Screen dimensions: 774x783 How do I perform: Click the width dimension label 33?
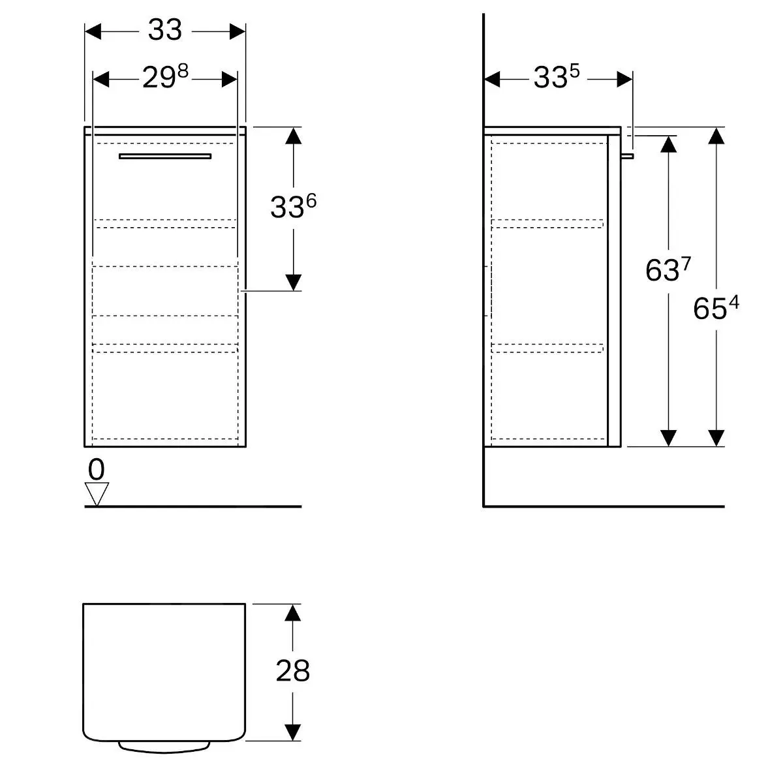point(164,30)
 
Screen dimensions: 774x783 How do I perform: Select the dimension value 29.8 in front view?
point(165,78)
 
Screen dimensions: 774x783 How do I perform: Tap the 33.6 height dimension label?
point(293,207)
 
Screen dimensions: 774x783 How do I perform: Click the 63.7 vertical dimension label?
point(668,269)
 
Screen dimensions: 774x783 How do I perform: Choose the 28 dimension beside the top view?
point(292,670)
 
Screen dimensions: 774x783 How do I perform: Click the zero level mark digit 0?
point(96,469)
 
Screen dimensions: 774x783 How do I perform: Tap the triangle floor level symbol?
point(97,493)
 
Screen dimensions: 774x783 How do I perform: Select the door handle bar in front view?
point(165,156)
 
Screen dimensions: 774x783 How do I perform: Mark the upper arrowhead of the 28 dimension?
point(293,613)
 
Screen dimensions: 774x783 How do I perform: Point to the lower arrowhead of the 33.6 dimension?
point(294,282)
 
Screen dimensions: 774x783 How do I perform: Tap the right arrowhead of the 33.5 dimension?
point(624,79)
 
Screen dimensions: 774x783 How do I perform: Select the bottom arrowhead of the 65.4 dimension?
point(716,438)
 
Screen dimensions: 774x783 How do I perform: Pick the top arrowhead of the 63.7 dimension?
point(668,144)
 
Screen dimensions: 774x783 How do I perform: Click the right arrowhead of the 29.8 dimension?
point(229,79)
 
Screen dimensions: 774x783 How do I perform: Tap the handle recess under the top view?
point(164,747)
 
